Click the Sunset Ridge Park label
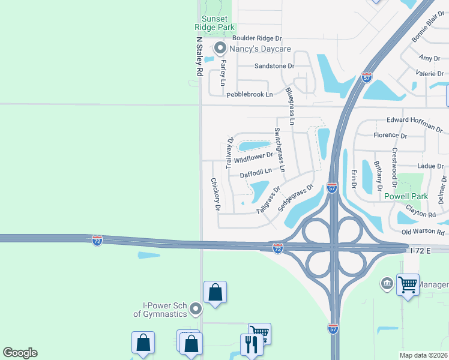point(214,23)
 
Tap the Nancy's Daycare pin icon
point(220,48)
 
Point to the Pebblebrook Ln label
point(249,94)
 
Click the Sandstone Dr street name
point(274,65)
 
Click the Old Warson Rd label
point(423,232)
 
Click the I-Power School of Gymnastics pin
point(195,309)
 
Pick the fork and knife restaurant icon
point(250,344)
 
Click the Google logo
point(20,353)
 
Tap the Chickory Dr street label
point(215,194)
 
